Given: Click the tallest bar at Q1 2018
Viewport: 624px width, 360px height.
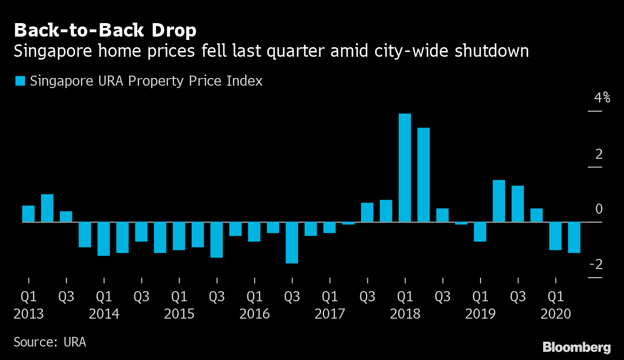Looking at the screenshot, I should [x=405, y=167].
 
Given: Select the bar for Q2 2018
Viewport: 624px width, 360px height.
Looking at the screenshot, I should [x=424, y=175].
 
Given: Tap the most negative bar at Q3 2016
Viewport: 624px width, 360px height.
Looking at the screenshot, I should [x=292, y=243].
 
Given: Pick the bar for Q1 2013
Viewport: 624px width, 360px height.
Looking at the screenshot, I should [x=28, y=214].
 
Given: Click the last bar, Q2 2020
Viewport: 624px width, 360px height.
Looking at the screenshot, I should [x=574, y=237].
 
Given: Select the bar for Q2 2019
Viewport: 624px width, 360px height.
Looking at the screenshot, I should [x=499, y=201].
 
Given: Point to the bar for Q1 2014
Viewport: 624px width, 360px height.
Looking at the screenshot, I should [x=104, y=239].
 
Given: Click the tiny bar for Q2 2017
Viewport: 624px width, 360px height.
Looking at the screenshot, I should [x=349, y=223].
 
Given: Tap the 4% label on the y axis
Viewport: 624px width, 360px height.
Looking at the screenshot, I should [x=602, y=98].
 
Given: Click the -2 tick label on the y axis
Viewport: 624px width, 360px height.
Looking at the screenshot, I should [x=598, y=264].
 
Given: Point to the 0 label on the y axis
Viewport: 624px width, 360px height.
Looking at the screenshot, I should [x=599, y=209].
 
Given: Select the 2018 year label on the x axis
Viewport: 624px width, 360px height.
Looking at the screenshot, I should [x=405, y=314].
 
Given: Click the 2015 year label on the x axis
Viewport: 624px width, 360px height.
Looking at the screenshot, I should [x=179, y=314].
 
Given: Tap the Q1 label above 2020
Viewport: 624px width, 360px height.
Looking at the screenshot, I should [x=556, y=296].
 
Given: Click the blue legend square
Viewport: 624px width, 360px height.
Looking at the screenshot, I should [x=20, y=81].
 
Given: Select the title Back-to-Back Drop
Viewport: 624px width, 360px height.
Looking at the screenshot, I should [x=105, y=31].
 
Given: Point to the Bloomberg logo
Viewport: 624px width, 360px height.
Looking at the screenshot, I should [x=576, y=347].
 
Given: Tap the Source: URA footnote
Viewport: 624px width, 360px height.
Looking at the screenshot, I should [x=50, y=342].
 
